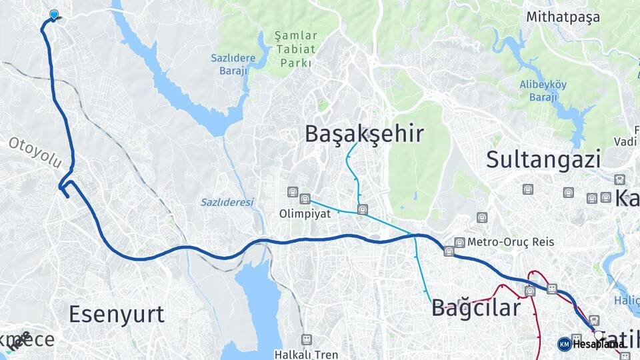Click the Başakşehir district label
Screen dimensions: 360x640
[364, 133]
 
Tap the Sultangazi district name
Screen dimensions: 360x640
[543, 159]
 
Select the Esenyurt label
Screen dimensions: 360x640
[117, 314]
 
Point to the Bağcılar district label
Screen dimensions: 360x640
[475, 308]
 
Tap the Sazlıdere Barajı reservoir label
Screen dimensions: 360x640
[233, 64]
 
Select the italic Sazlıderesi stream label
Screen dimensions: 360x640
[227, 202]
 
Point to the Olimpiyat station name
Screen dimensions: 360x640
[305, 214]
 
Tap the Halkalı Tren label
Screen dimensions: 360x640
[306, 355]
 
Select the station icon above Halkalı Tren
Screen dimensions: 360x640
[306, 339]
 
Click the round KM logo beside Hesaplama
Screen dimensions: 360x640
[564, 344]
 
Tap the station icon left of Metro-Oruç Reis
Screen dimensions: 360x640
[459, 243]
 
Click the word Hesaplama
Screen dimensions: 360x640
[597, 344]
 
